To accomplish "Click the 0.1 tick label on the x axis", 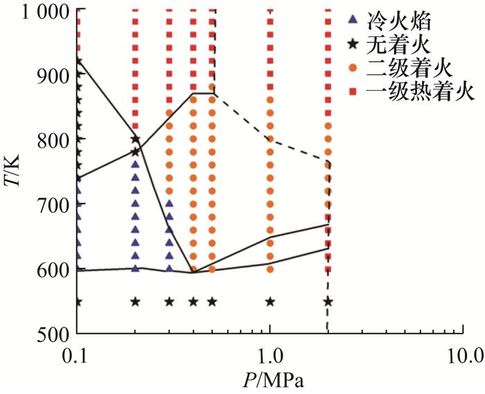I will pos(77,357).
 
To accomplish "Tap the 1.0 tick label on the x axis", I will pos(270,357).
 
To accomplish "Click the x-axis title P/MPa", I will pos(270,380).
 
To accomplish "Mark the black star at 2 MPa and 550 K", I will pos(328,302).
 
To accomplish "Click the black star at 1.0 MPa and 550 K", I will pos(270,302).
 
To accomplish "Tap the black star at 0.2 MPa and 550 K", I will pos(136,302).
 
